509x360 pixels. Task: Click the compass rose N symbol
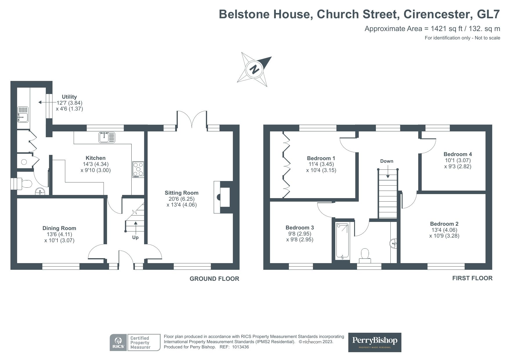click(x=255, y=69)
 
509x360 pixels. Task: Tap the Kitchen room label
click(x=96, y=158)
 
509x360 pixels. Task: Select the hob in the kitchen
click(x=138, y=169)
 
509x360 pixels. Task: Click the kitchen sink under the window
click(x=107, y=137)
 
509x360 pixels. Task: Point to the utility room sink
click(x=23, y=114)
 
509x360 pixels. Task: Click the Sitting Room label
click(x=182, y=193)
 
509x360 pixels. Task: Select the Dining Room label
click(x=59, y=228)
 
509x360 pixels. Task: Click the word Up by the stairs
click(x=135, y=237)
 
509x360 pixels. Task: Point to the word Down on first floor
click(x=387, y=161)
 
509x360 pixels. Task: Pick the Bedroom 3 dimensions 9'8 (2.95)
click(x=300, y=234)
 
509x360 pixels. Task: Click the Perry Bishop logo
click(x=375, y=342)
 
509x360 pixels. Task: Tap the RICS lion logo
click(x=118, y=343)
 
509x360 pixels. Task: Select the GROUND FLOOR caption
click(x=214, y=279)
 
